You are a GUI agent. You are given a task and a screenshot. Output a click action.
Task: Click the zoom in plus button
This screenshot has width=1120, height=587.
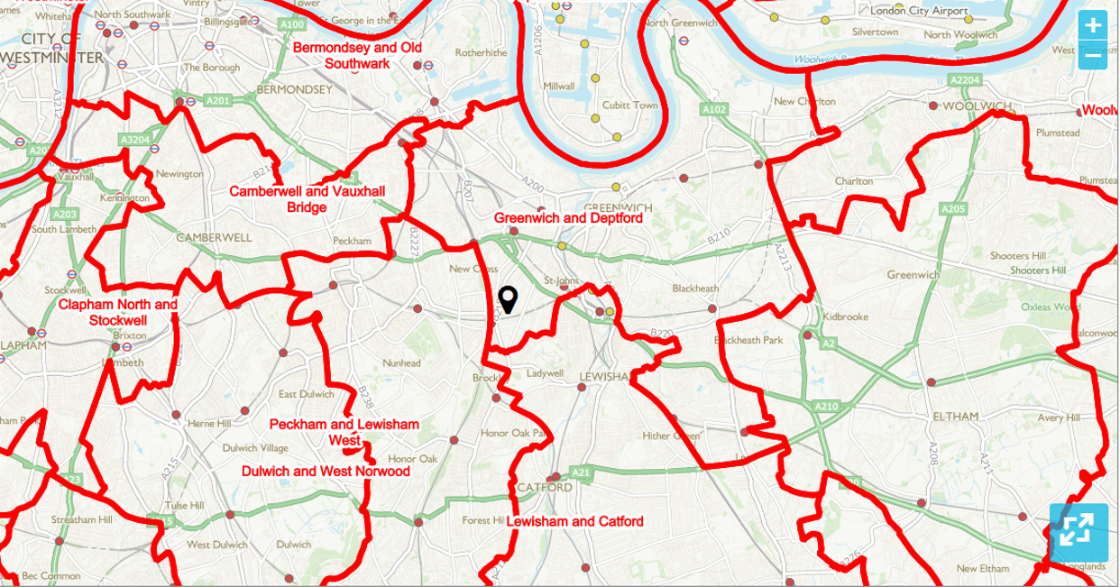coord(1093,25)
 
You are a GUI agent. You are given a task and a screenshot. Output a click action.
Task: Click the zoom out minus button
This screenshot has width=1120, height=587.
coord(1093,55)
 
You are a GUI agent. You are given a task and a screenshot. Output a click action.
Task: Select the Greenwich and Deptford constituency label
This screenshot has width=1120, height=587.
coord(567,218)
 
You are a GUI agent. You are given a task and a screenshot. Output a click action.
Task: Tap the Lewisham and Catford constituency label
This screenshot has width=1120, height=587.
coord(574,522)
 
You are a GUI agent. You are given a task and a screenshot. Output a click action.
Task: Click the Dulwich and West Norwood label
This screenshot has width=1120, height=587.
coord(326,472)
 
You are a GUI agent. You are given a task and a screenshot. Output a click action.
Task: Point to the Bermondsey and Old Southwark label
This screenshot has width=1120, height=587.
coord(357,55)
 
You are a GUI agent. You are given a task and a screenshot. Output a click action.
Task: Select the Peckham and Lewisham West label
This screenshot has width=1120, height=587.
coord(344,432)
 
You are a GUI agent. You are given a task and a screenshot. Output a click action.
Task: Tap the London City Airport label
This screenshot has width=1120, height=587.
coord(917,11)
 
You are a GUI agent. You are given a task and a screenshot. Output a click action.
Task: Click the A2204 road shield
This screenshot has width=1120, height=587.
coord(964,81)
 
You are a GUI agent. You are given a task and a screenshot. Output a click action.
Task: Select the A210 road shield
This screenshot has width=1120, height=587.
coord(826,408)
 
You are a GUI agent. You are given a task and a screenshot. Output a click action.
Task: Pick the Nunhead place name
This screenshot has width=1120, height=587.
coord(401,363)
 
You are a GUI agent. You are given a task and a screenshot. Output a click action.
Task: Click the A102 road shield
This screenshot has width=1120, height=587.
coord(714,109)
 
